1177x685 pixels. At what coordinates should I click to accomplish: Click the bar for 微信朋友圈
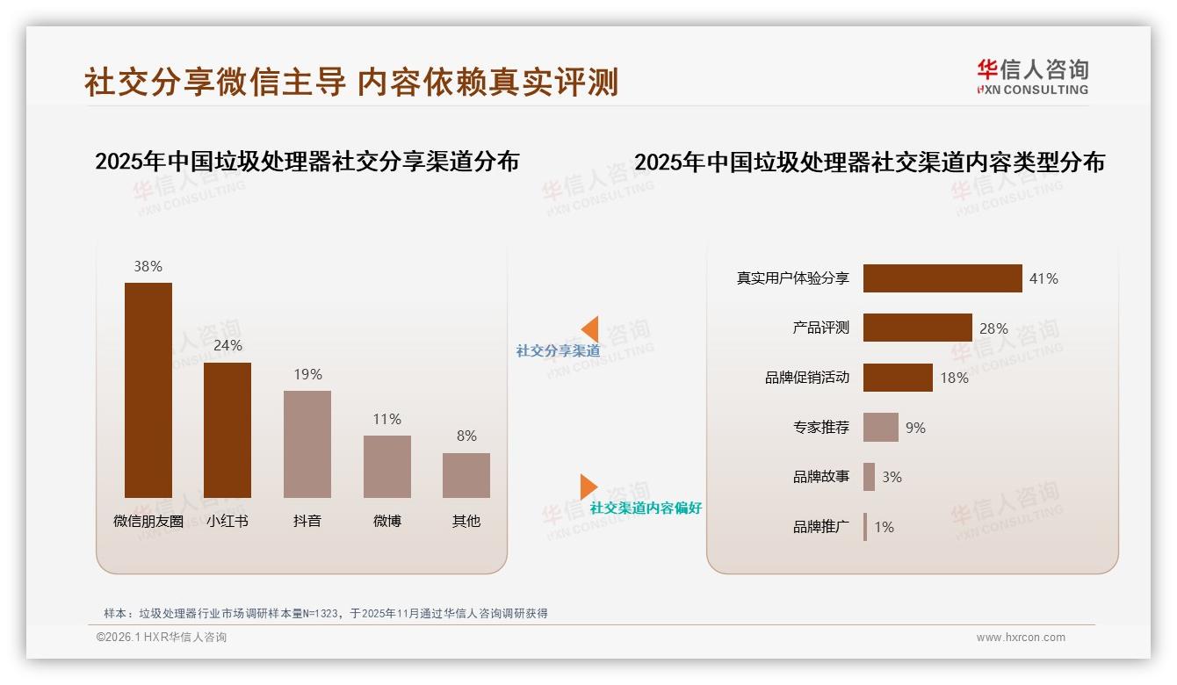click(x=148, y=390)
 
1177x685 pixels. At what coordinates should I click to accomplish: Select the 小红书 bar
click(x=227, y=429)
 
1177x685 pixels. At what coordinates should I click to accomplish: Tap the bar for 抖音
click(x=307, y=443)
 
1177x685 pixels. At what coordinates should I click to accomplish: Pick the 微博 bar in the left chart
click(x=387, y=466)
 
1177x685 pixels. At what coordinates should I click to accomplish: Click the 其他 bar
click(x=466, y=475)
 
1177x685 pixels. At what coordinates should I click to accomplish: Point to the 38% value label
click(x=148, y=266)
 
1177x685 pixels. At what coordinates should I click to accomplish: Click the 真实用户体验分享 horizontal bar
click(x=942, y=278)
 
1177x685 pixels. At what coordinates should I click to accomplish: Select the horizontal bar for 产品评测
click(x=917, y=328)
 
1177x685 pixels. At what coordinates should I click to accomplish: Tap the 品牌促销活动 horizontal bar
click(x=898, y=378)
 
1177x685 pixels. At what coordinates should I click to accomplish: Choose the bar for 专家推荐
click(x=880, y=428)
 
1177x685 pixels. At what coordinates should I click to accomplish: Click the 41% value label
click(x=1043, y=278)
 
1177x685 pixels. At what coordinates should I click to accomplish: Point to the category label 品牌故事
click(x=821, y=477)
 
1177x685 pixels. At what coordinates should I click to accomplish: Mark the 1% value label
click(x=884, y=527)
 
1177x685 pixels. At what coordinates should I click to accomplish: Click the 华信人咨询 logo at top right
click(x=1032, y=76)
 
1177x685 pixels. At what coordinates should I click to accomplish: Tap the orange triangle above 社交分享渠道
click(x=590, y=328)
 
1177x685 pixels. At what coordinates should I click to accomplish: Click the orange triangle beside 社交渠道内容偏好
click(x=588, y=487)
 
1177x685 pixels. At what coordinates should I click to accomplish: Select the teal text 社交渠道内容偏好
click(x=646, y=508)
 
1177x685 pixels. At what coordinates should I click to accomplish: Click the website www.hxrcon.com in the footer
click(x=1021, y=638)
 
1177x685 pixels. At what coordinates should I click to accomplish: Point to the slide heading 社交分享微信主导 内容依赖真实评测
click(x=351, y=82)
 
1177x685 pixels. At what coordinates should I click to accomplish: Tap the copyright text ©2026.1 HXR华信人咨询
click(x=162, y=638)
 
